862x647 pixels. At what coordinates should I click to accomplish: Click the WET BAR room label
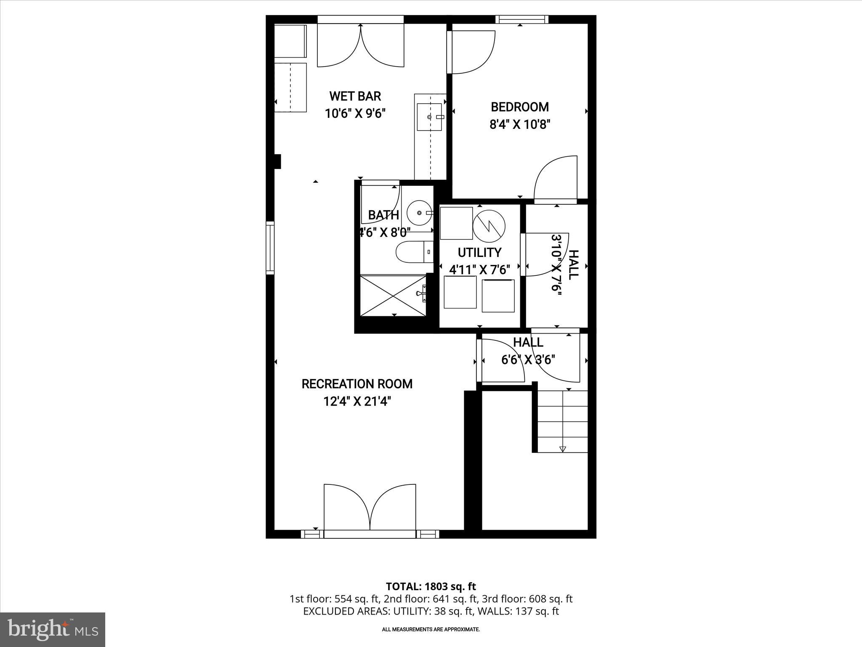[355, 96]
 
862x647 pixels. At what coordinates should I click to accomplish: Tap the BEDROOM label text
[520, 107]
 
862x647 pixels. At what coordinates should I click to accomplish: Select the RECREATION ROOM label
[357, 384]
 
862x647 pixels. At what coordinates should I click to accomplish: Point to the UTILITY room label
[479, 252]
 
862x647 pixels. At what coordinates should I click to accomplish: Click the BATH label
[383, 215]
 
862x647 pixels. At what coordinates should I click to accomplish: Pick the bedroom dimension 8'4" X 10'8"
[520, 125]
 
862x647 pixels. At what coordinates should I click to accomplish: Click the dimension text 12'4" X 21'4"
[357, 401]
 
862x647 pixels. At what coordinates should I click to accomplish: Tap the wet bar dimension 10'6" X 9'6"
[355, 114]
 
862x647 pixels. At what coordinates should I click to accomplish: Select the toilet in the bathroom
[414, 252]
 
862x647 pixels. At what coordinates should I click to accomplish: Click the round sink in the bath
[420, 213]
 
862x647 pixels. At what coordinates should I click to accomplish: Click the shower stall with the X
[393, 295]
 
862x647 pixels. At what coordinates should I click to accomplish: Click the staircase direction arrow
[563, 449]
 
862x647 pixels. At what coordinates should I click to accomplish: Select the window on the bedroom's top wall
[521, 19]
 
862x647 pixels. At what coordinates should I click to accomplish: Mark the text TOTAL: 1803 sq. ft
[431, 586]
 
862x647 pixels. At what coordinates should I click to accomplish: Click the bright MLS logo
[53, 629]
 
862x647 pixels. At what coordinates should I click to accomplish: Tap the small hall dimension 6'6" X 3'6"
[528, 360]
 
